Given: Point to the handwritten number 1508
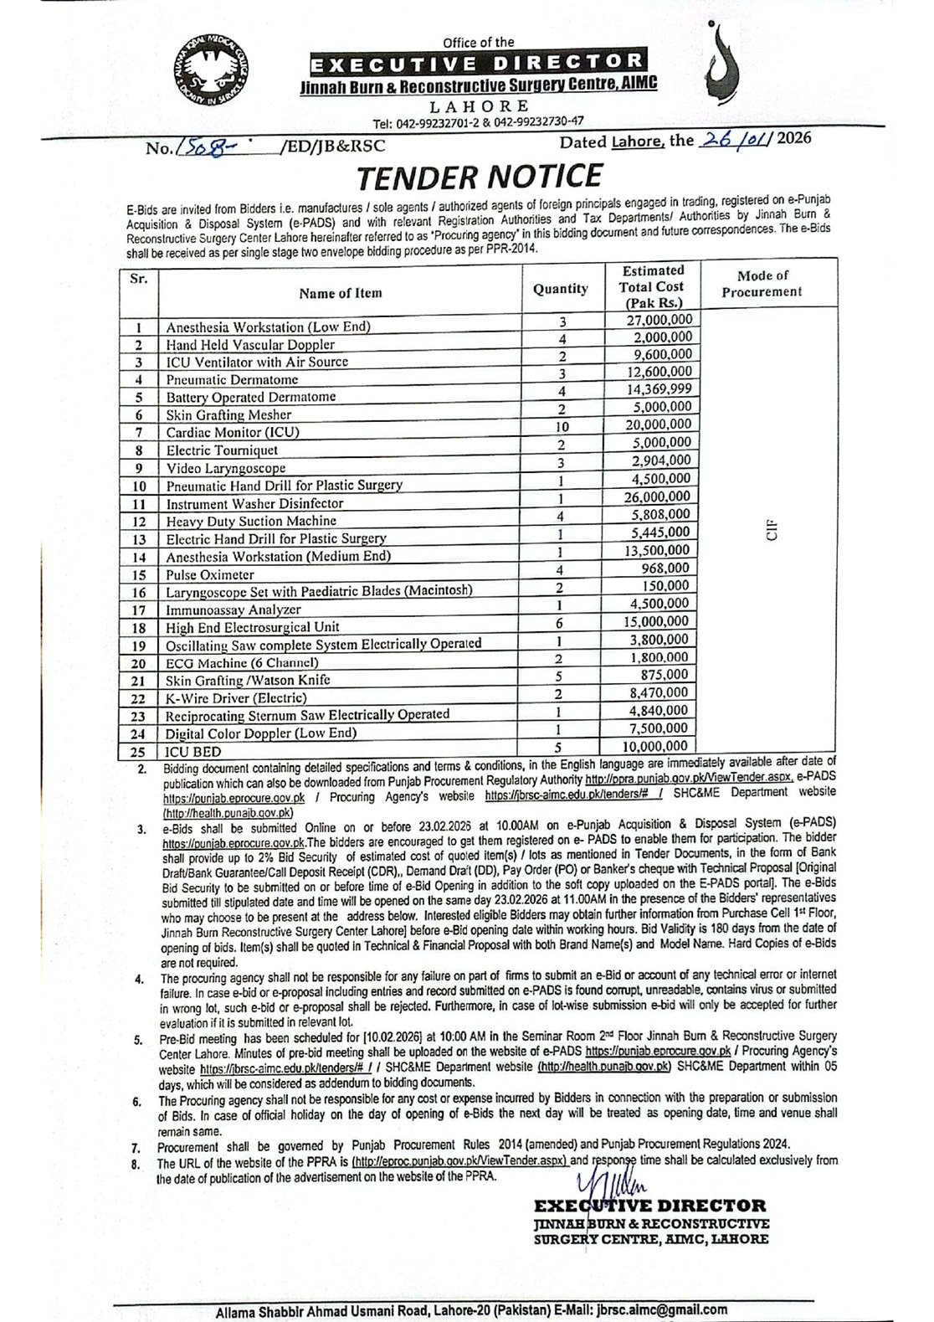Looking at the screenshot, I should (204, 147).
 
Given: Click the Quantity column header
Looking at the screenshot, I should (560, 289).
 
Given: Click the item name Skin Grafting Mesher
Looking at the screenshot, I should (228, 415).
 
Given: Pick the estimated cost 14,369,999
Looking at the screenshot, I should (659, 389).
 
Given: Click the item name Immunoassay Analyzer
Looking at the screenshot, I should (233, 610).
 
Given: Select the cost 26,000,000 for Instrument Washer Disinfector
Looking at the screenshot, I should (658, 496).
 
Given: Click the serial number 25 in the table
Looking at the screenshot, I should (140, 752).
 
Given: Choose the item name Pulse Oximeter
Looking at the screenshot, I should (209, 575).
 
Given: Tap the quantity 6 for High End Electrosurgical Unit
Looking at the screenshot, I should (562, 623).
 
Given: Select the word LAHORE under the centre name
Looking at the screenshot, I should (479, 106).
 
